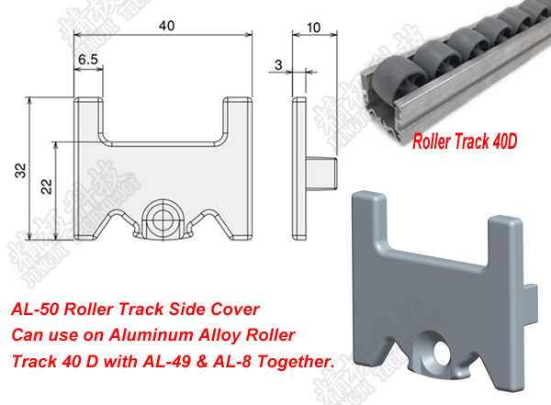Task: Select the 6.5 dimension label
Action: click(89, 58)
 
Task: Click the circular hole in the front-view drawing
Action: click(164, 218)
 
